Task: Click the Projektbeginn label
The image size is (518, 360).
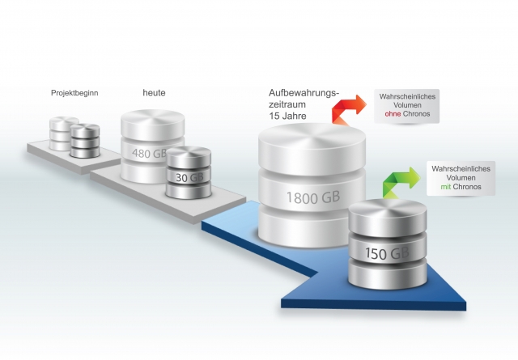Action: click(74, 93)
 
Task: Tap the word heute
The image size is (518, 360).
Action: click(154, 92)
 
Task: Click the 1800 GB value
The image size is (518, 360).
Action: click(312, 197)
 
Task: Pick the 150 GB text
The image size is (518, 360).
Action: click(387, 254)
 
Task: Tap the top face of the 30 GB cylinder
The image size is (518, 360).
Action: click(188, 156)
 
